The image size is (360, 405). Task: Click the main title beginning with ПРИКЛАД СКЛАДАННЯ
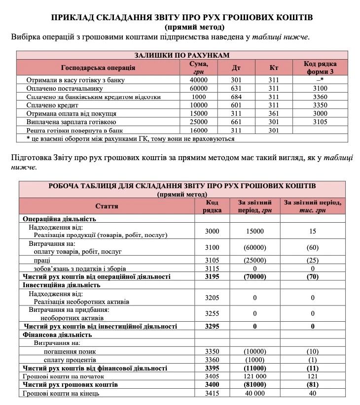click(x=182, y=18)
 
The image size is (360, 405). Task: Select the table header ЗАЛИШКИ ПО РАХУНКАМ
click(x=182, y=55)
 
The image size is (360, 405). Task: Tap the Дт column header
click(x=236, y=67)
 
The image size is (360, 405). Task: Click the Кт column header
click(x=274, y=67)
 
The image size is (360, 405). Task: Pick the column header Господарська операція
click(x=98, y=67)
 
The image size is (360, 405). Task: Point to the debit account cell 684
click(x=236, y=97)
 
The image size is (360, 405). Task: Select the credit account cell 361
click(x=274, y=114)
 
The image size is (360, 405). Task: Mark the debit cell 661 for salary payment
click(x=236, y=122)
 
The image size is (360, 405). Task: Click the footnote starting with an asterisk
click(x=131, y=138)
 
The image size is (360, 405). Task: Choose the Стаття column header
click(x=107, y=206)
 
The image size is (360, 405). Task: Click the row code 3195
click(x=212, y=277)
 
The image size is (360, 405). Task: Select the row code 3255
click(x=212, y=313)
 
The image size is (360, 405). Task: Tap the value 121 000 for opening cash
click(x=255, y=376)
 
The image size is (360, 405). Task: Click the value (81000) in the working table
click(x=255, y=384)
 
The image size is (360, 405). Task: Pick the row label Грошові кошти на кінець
click(x=61, y=393)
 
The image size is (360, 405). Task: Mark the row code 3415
click(x=212, y=393)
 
